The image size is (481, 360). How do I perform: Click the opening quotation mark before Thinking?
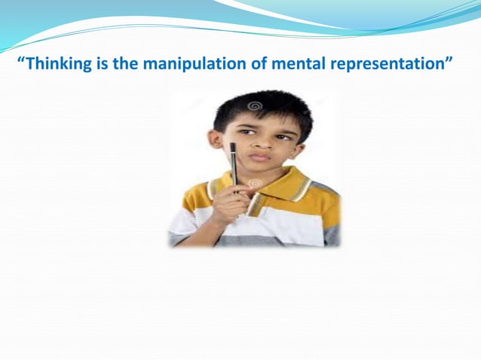click(x=21, y=59)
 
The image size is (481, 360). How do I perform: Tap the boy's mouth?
click(x=259, y=157)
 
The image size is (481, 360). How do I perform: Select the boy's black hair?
click(x=256, y=105)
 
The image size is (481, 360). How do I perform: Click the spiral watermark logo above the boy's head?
click(x=254, y=105)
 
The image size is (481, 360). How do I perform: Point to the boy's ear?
click(x=218, y=141)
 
